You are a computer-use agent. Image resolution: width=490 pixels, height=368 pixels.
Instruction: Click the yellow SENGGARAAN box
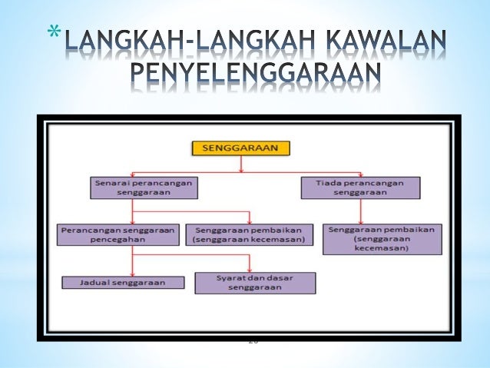coord(241,148)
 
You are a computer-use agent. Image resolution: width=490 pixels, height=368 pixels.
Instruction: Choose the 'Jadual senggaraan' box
coord(123,282)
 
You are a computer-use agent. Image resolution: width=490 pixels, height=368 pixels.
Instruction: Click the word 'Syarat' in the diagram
coord(225,277)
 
